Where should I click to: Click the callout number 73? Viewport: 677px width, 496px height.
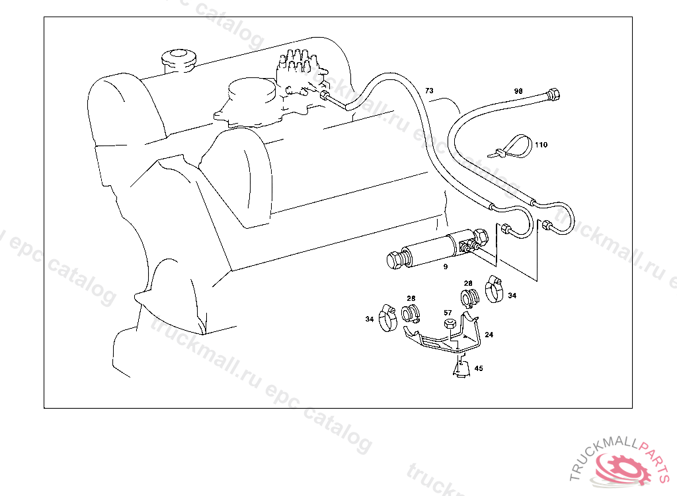coord(429,90)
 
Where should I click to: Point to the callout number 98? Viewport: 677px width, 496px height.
coord(518,91)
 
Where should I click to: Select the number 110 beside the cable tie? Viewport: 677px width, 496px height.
coord(541,144)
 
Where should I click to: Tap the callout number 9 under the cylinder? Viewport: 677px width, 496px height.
coord(446,267)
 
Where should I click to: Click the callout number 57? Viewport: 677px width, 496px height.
coord(448,313)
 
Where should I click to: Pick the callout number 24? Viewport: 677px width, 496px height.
coord(489,335)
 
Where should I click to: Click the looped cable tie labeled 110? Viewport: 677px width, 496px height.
coord(512,146)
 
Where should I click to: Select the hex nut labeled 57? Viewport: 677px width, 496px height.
coord(448,325)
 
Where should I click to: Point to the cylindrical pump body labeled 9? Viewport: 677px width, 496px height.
coord(430,250)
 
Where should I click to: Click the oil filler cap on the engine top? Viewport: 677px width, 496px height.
coord(180,60)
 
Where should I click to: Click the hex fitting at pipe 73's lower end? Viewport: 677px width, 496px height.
coord(506,230)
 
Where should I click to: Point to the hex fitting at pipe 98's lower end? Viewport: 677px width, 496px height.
coord(548,226)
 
